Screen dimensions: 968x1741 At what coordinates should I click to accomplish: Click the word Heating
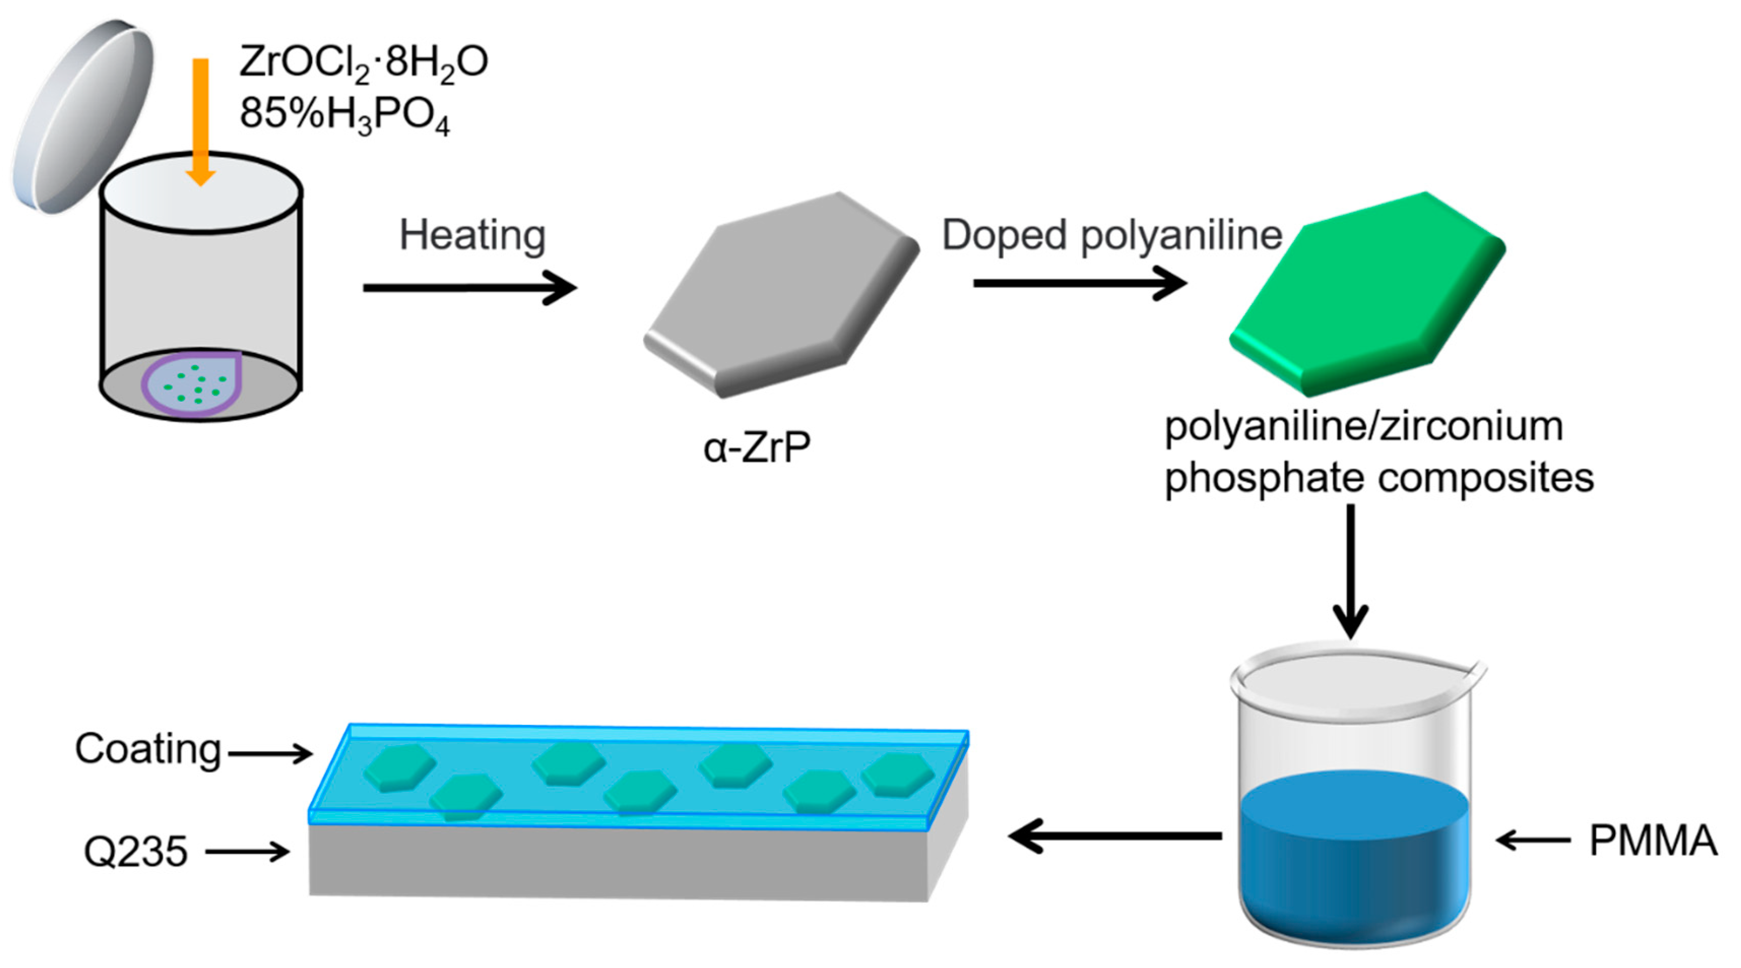[x=472, y=235]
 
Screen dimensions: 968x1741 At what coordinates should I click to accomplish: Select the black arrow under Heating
[x=469, y=288]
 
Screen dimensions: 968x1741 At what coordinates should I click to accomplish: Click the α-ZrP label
[x=756, y=447]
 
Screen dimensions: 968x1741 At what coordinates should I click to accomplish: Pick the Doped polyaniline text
[x=1112, y=235]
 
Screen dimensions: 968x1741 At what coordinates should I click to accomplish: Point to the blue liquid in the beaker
[x=1355, y=852]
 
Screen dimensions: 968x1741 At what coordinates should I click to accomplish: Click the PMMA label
[x=1653, y=840]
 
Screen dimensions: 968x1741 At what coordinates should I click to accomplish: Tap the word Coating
[x=148, y=750]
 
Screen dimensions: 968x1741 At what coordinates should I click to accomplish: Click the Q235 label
[x=135, y=852]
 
